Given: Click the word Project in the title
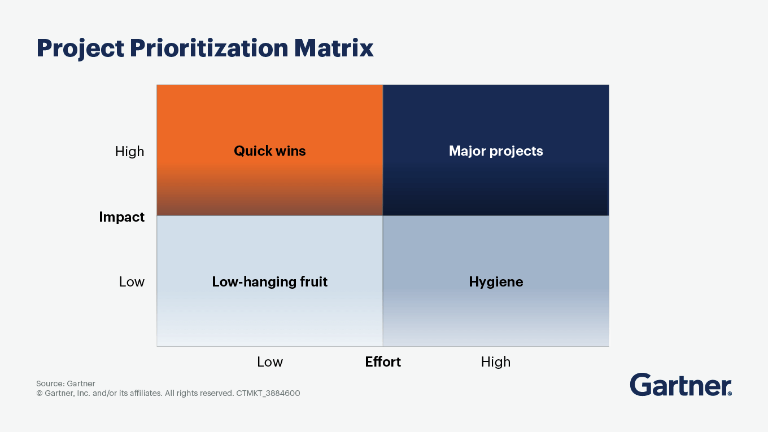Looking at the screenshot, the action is pos(80,49).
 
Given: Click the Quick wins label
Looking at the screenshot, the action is pos(270,151).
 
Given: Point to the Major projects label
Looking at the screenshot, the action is pos(496,151).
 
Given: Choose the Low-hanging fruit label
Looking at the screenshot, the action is pos(270,282).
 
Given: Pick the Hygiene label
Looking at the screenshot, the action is pos(496,283).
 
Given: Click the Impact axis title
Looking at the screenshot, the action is pos(122,217).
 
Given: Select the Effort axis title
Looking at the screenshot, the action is pos(383,362).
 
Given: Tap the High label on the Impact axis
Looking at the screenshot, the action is pos(130,152).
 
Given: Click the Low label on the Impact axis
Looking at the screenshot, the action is pos(132,282).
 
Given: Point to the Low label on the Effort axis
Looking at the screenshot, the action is pos(270,362).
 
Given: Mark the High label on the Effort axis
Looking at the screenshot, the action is pos(496,362).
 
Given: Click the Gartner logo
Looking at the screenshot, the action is pos(680,385).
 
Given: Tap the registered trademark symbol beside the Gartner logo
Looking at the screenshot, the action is pos(730,394).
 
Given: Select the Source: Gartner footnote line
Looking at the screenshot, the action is pos(66,383).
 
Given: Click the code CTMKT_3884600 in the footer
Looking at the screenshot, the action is pos(268,393).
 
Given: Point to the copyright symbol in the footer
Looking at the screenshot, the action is pos(40,393).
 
